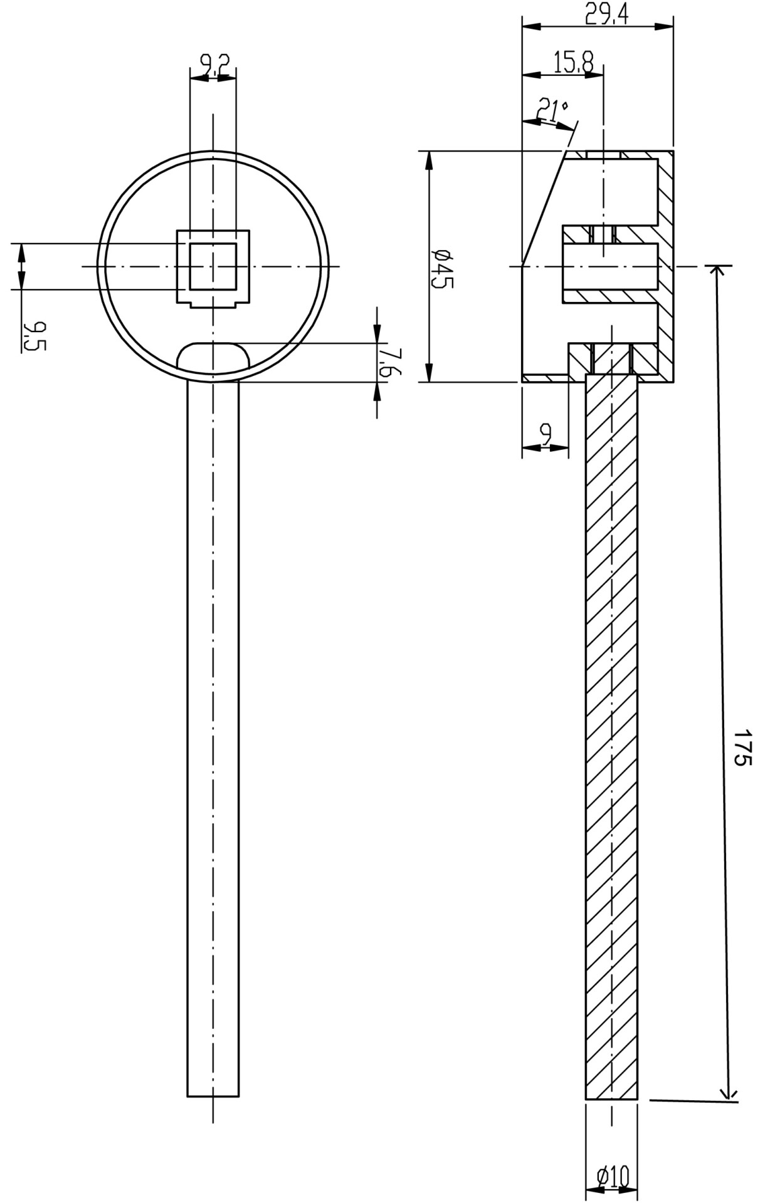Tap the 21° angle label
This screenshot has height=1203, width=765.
[x=552, y=110]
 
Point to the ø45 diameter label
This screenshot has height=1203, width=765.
[x=442, y=268]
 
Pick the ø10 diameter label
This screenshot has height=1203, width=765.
[x=613, y=1176]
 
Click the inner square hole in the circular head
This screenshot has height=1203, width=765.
[x=213, y=267]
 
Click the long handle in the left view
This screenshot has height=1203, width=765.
[x=213, y=739]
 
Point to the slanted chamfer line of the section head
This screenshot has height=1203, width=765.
[x=544, y=208]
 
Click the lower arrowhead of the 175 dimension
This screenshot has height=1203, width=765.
[x=728, y=1091]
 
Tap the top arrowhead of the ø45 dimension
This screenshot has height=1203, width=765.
[x=430, y=162]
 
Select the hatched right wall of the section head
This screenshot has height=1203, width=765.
[x=666, y=266]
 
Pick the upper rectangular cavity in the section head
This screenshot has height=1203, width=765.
[x=610, y=192]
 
